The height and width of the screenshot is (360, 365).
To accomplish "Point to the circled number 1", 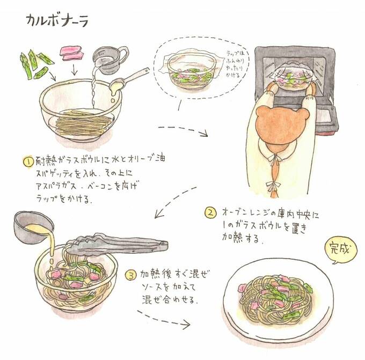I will click(27, 160).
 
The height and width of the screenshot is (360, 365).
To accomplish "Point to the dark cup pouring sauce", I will click(30, 226).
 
